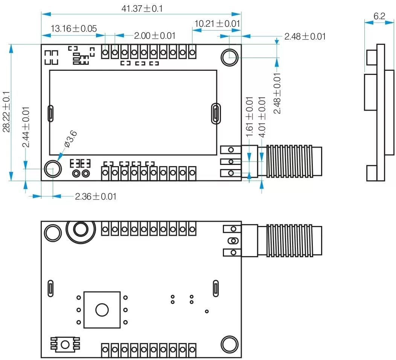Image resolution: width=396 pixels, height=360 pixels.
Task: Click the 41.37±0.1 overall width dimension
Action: pyautogui.click(x=142, y=8)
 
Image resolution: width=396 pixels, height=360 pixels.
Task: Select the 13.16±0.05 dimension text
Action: pyautogui.click(x=74, y=28)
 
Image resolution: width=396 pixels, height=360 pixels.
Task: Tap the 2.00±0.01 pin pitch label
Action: pyautogui.click(x=155, y=36)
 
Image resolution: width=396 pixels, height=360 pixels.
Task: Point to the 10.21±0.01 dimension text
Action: pyautogui.click(x=217, y=24)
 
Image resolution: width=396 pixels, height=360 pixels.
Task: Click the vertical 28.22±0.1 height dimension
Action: pyautogui.click(x=6, y=112)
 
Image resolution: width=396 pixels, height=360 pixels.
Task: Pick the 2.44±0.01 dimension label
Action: pyautogui.click(x=26, y=127)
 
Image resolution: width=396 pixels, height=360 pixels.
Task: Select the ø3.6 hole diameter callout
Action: pyautogui.click(x=70, y=139)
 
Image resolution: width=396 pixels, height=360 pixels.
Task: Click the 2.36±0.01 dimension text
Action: pyautogui.click(x=96, y=196)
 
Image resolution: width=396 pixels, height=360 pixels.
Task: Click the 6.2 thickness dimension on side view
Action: pyautogui.click(x=379, y=16)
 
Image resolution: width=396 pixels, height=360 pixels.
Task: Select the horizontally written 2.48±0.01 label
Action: pyautogui.click(x=305, y=37)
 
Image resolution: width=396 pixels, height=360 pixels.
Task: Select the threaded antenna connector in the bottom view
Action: pyautogui.click(x=290, y=241)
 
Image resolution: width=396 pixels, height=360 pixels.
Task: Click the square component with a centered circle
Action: pyautogui.click(x=102, y=310)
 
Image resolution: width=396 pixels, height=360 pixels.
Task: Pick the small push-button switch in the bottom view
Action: pyautogui.click(x=65, y=344)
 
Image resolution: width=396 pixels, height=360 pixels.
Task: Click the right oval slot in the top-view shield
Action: pyautogui.click(x=215, y=113)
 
